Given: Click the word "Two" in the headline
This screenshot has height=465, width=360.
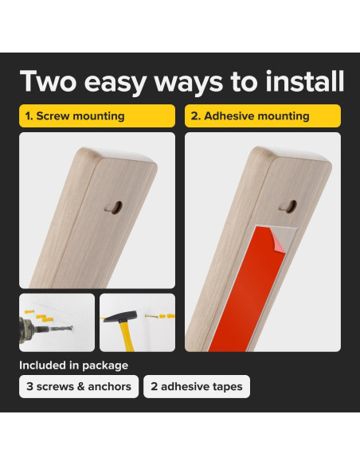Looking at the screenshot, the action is click(49, 81).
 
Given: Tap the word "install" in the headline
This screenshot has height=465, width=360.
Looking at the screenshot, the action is click(304, 80).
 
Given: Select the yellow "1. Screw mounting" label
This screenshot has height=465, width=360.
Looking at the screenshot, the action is click(97, 115).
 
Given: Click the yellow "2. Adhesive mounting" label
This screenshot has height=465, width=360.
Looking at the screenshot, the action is click(263, 115).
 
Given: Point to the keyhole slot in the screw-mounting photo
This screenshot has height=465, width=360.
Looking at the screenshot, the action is click(114, 207).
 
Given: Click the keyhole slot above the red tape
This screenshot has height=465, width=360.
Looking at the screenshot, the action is click(288, 205).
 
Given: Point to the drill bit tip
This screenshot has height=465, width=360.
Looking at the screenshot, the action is click(71, 328).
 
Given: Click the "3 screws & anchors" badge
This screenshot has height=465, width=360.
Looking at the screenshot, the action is click(79, 386).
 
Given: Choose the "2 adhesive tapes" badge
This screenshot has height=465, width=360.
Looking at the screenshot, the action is click(197, 386).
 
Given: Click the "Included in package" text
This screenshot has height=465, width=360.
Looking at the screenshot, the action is click(73, 365).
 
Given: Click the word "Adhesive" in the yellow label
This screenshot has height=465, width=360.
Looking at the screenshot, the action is click(228, 115).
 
